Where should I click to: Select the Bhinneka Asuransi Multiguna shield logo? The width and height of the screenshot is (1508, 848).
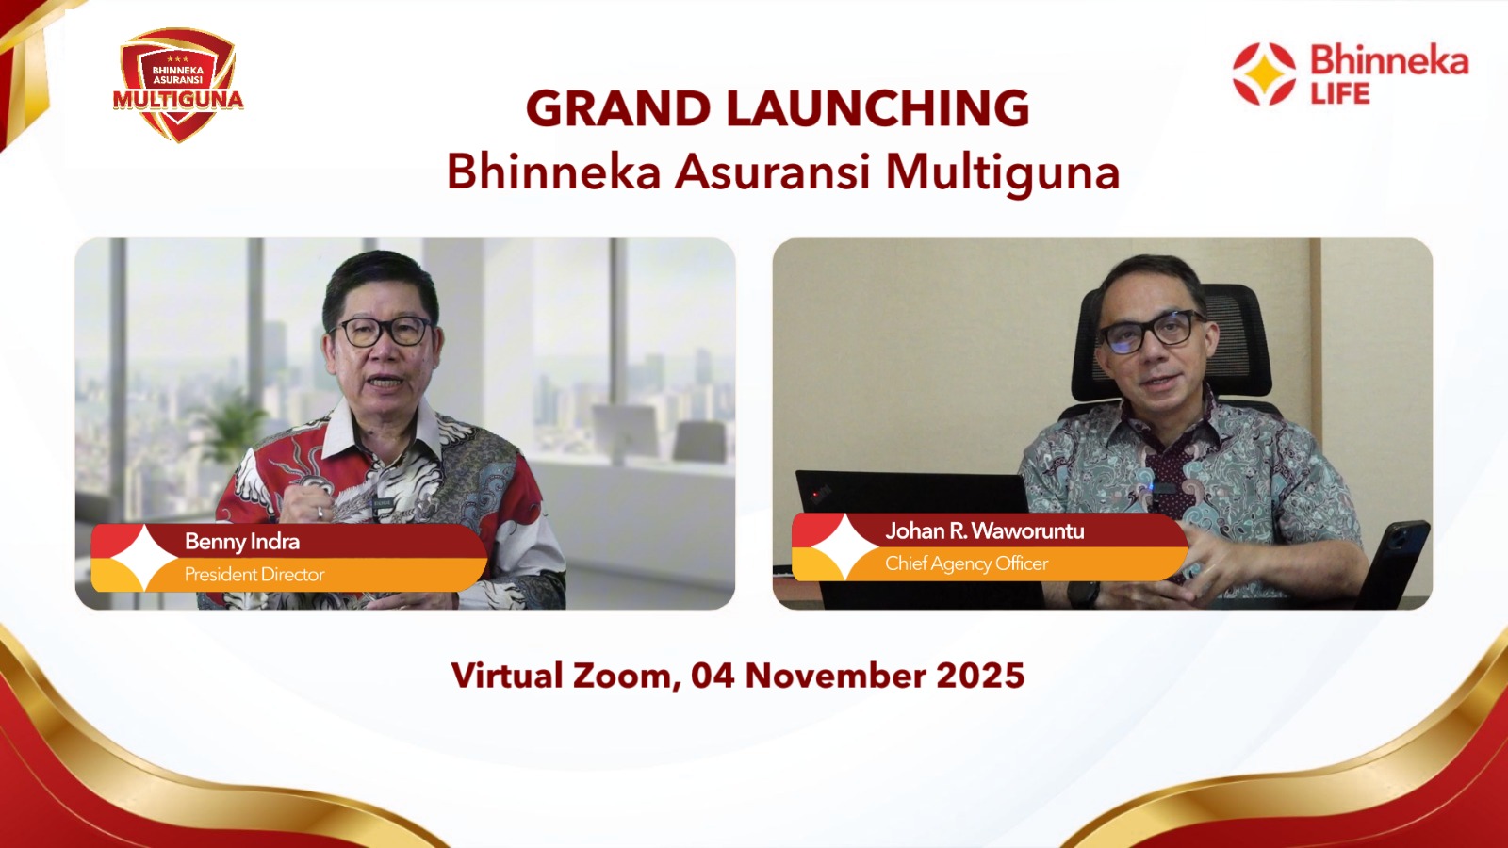(x=178, y=85)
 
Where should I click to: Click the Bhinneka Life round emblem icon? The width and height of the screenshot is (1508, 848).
(x=1264, y=74)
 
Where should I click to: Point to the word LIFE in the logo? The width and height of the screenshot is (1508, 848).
(x=1339, y=94)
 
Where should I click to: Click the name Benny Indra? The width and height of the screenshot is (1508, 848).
(x=242, y=542)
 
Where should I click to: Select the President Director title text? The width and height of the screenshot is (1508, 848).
(x=254, y=575)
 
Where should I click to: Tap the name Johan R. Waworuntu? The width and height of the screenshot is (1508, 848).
(x=984, y=531)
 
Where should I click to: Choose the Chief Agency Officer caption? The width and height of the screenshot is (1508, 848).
(x=966, y=564)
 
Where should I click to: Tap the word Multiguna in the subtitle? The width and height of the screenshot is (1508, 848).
(x=1003, y=172)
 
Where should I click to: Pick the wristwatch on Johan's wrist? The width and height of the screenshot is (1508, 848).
(x=1083, y=595)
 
